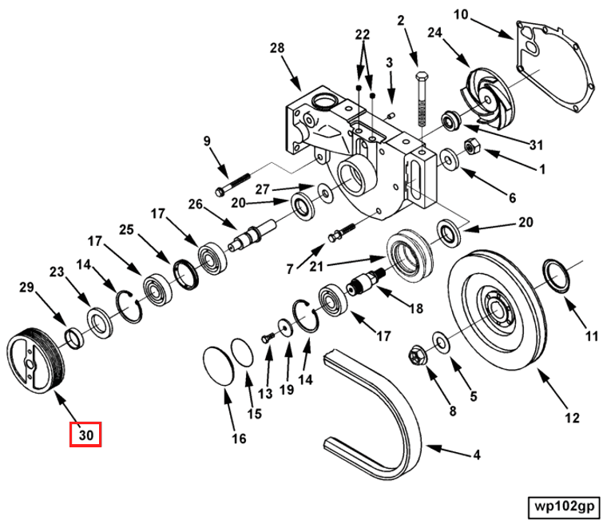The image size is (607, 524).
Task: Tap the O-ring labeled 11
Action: (x=557, y=275)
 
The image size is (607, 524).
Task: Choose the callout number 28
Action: (x=277, y=49)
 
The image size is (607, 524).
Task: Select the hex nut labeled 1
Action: (x=472, y=147)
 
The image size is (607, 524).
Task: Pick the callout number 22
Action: (x=363, y=35)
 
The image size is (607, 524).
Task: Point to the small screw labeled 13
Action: (x=268, y=338)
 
